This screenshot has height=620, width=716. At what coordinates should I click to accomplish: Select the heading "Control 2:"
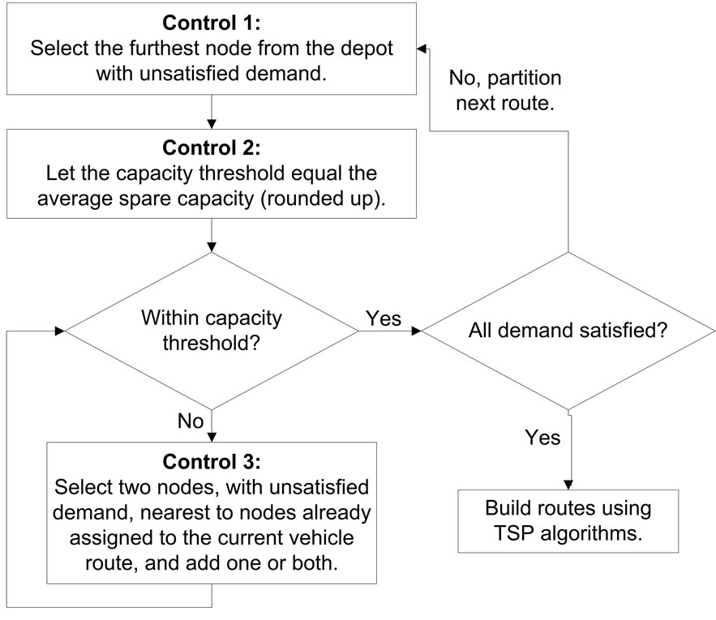coord(211,150)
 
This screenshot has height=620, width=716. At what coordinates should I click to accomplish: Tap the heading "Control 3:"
coord(211,463)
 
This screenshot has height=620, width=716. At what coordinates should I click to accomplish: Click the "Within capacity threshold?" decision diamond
coord(211,331)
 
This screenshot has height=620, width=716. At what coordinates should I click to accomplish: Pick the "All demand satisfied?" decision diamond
coord(568,331)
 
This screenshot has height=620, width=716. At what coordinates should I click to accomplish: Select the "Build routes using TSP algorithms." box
coord(568,523)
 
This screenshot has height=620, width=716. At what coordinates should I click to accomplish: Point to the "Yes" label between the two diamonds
coord(384,319)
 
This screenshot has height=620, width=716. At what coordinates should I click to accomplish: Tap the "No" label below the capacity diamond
coord(189,421)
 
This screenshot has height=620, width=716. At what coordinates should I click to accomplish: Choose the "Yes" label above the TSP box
coord(542,438)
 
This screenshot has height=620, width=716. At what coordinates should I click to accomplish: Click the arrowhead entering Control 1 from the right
coord(422,49)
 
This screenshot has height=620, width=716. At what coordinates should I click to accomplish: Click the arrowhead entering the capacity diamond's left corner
coord(59,331)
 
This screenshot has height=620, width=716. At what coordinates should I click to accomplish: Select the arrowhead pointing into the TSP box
coord(573,482)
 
